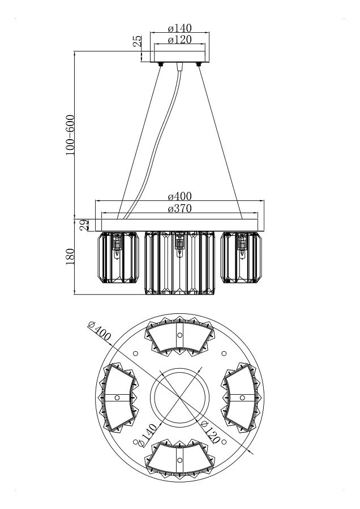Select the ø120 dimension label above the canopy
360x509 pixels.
(179, 39)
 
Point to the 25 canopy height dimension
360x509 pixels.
(138, 41)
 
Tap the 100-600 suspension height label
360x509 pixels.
(70, 135)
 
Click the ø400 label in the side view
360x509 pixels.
(179, 196)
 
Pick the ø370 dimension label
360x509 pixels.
(179, 208)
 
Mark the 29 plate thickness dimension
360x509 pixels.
(84, 225)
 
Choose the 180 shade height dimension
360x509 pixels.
(70, 257)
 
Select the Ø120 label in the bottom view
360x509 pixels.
(210, 432)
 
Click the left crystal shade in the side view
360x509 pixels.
(119, 257)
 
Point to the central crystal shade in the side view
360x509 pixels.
(179, 262)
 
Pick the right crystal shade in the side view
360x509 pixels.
(241, 257)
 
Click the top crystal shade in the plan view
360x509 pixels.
(179, 335)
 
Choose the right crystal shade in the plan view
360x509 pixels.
(242, 398)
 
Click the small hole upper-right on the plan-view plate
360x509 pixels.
(224, 353)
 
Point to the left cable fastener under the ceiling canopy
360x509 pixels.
(161, 64)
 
